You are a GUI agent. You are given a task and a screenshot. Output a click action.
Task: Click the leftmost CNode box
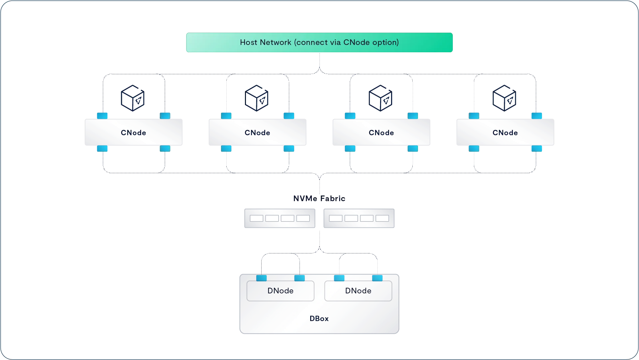133,132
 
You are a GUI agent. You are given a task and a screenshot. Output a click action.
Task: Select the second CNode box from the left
257,132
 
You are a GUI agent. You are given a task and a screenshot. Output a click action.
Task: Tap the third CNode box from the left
381,132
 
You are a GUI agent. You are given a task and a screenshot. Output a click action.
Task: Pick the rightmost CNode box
505,132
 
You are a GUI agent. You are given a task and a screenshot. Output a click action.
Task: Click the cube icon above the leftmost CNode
133,98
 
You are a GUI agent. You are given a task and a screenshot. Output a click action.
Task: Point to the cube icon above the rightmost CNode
505,98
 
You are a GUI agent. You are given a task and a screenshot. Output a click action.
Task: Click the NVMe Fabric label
319,198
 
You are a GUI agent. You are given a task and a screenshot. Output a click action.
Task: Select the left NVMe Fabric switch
280,218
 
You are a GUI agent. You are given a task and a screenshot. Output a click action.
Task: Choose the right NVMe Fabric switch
359,218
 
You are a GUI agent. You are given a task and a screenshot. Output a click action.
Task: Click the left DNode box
280,291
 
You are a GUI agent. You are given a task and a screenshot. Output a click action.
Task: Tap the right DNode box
358,291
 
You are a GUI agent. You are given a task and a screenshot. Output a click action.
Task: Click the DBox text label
319,318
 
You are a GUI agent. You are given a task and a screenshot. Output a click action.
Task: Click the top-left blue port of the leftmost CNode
102,116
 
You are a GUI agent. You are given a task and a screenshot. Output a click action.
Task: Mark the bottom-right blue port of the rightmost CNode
536,149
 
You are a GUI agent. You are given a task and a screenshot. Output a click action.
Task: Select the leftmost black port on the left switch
256,218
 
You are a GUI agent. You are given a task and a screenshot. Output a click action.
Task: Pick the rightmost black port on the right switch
382,218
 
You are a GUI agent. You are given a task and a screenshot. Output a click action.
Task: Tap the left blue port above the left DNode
261,278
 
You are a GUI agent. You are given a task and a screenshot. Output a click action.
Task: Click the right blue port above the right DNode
377,278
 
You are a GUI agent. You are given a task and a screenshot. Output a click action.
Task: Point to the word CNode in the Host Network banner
356,43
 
